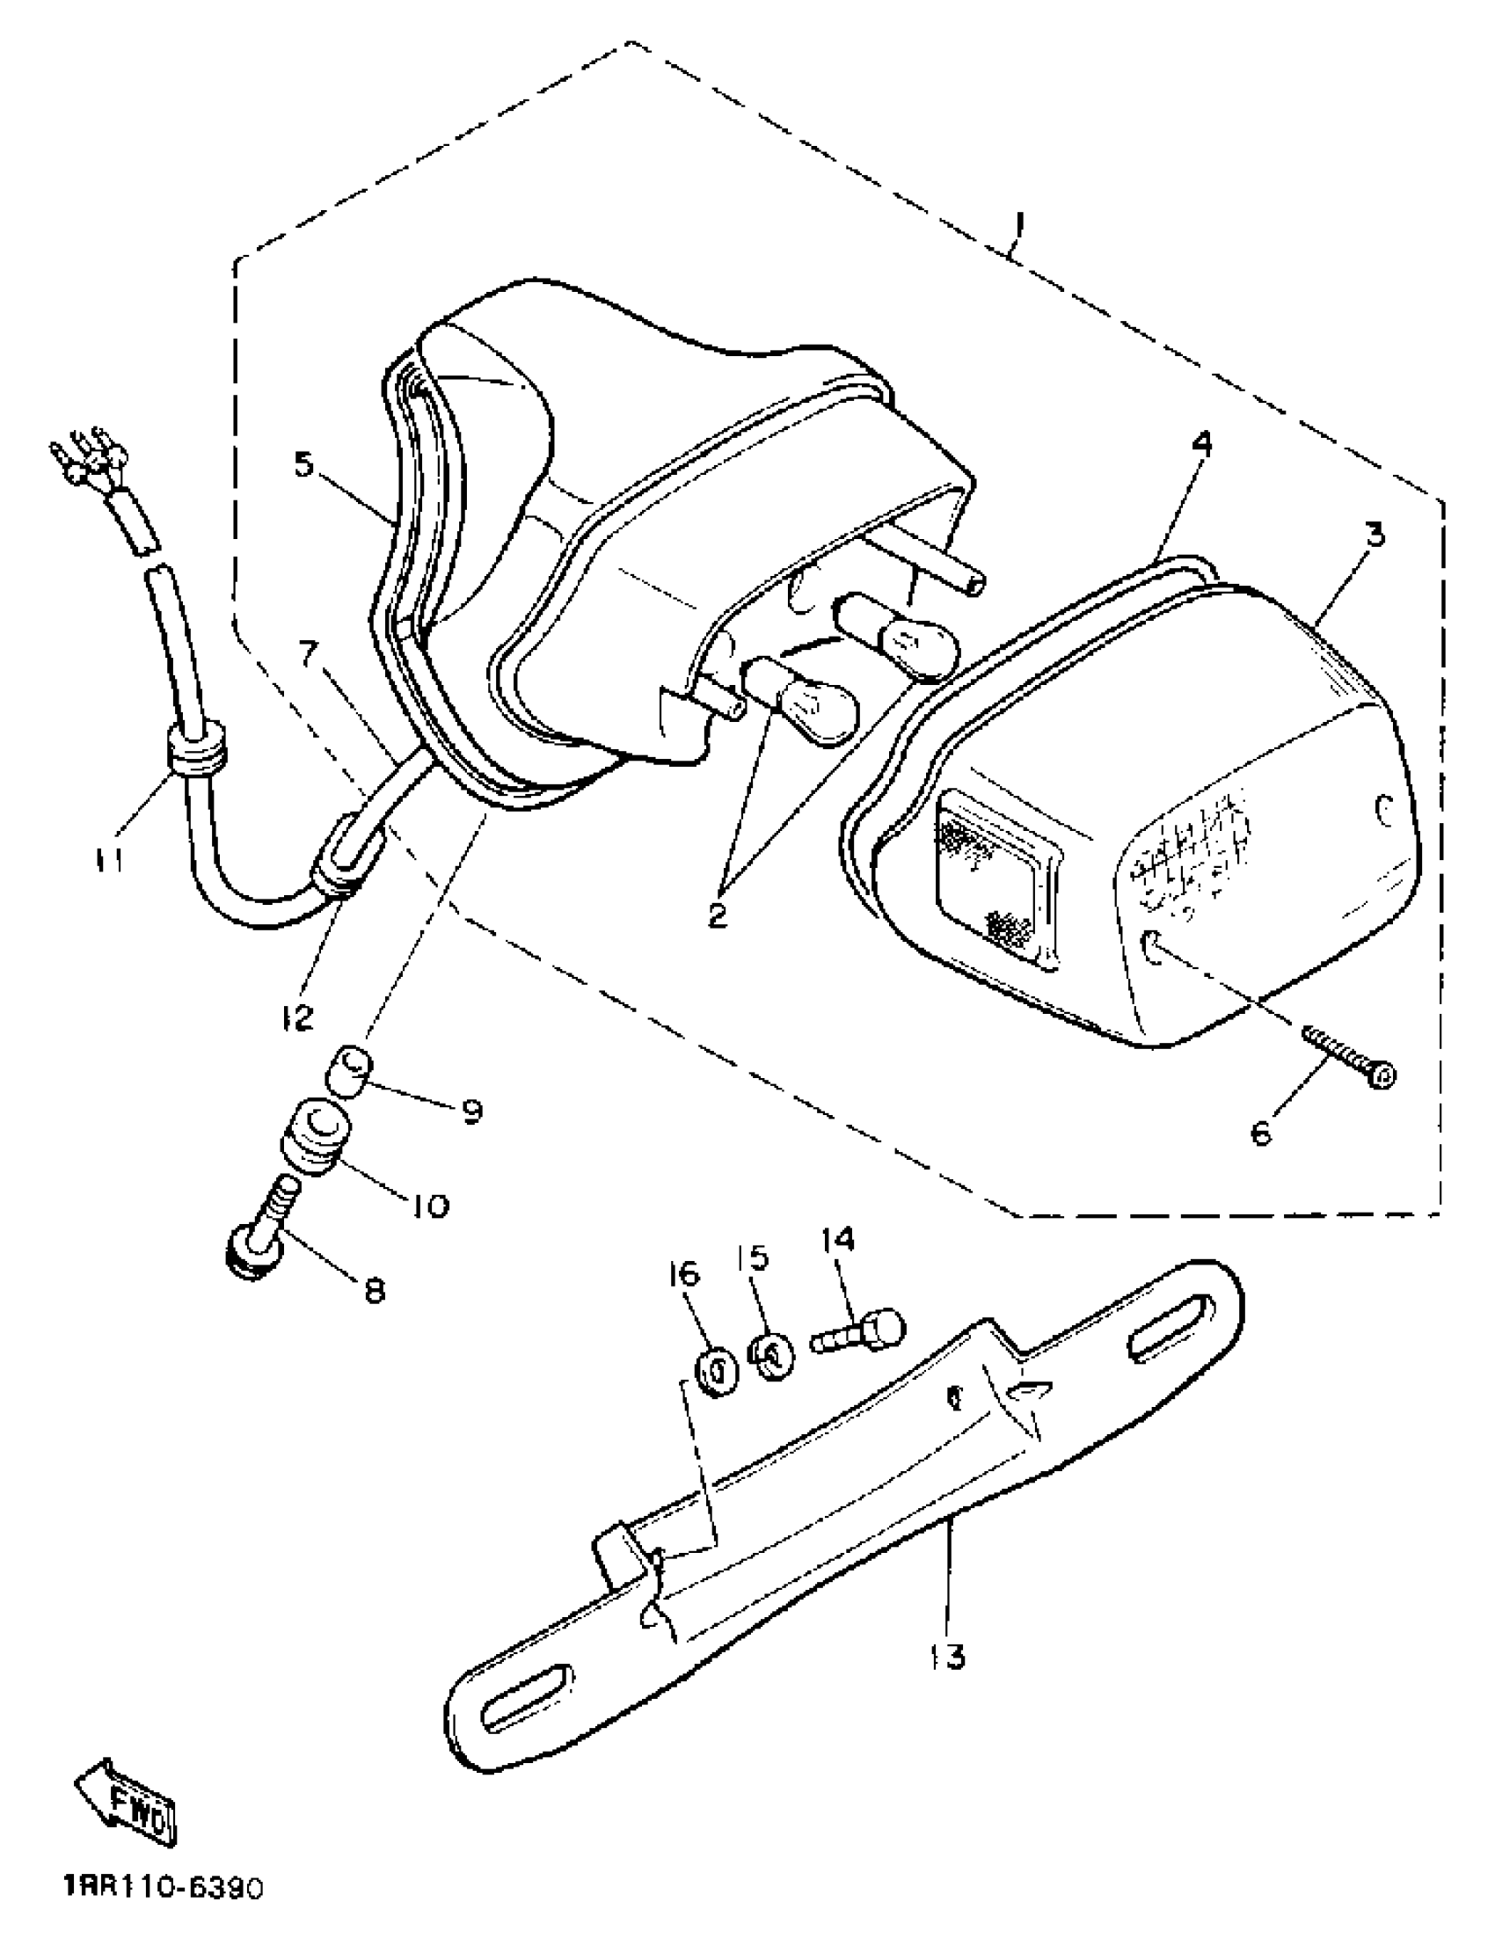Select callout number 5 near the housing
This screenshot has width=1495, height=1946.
tap(305, 463)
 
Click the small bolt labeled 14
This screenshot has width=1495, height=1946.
tap(858, 1335)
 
